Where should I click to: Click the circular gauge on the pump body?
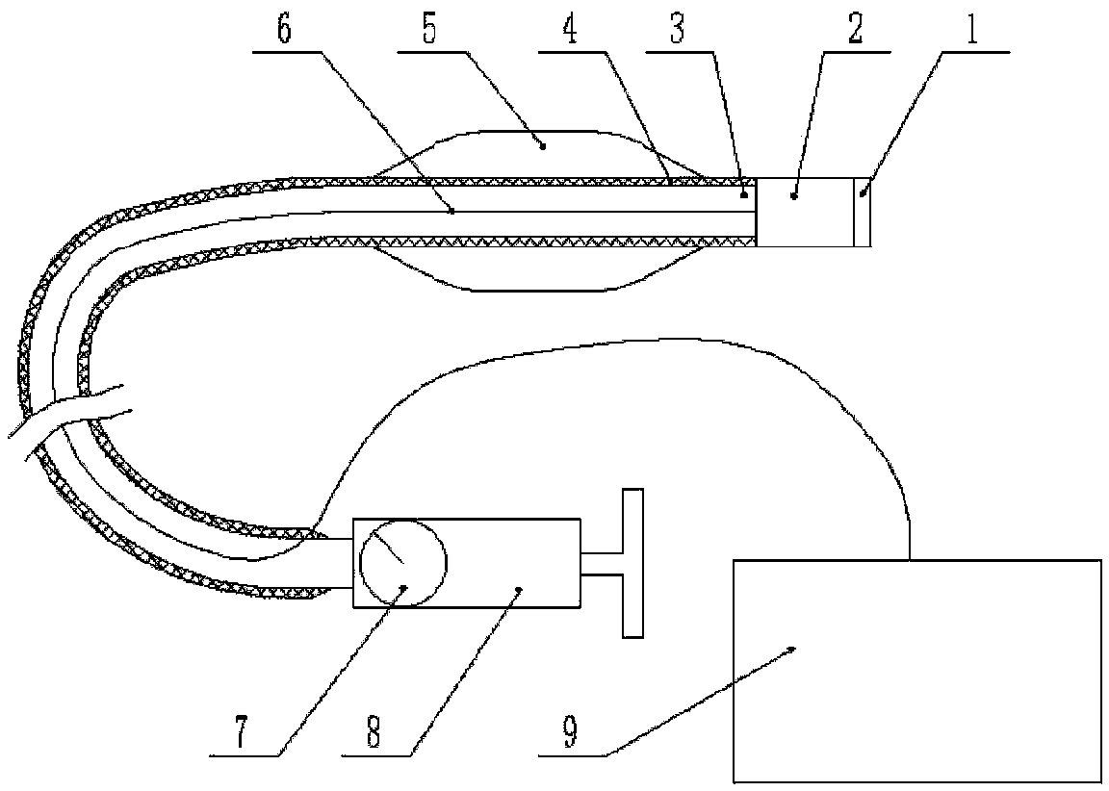coord(402,562)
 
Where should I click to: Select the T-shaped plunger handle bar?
coord(632,562)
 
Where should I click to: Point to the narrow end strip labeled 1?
coord(863,211)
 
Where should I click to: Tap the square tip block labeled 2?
coord(805,211)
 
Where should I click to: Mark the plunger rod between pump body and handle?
coord(602,563)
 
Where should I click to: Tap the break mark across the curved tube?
coord(67,412)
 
